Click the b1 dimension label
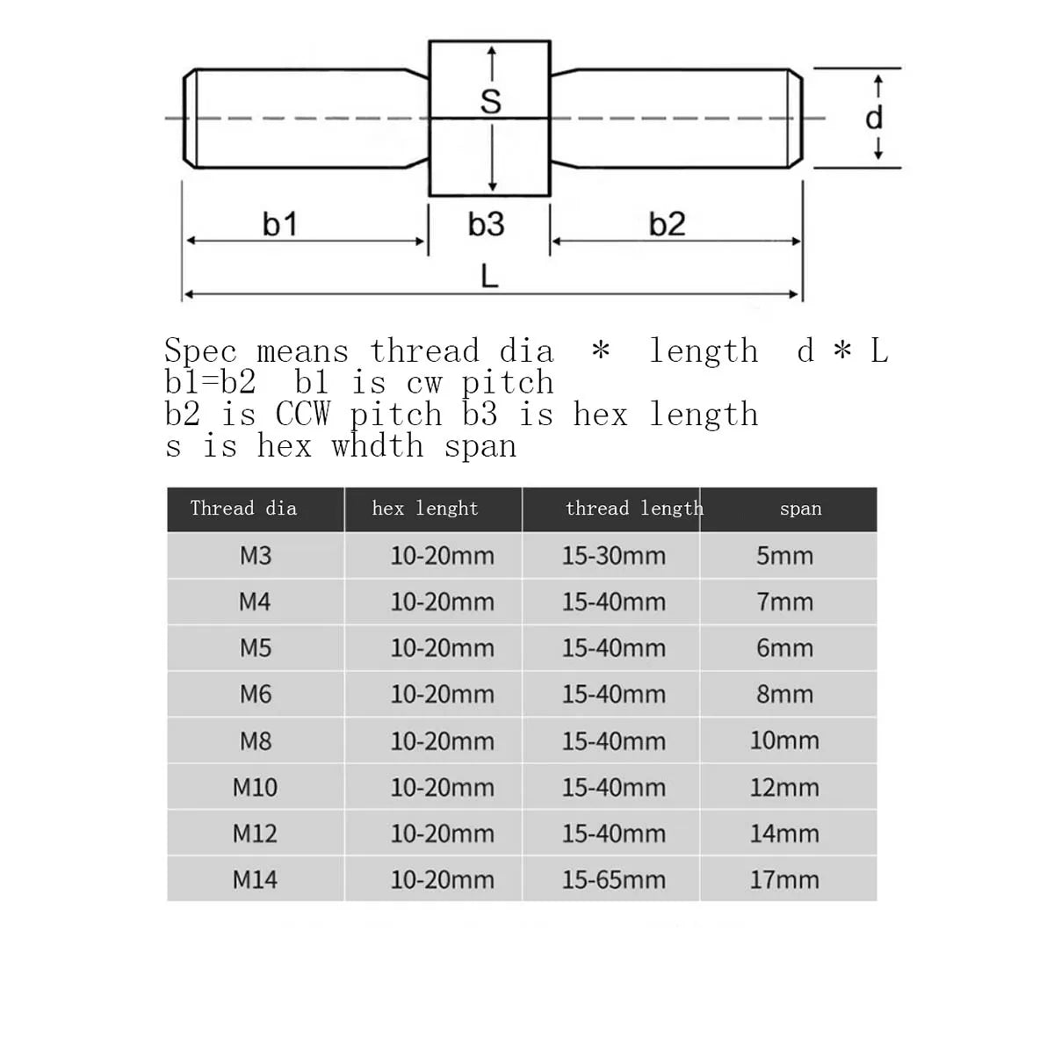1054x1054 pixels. point(279,224)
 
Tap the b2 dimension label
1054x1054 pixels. point(667,224)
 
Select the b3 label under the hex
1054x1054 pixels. point(487,224)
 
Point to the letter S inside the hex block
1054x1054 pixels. point(491,101)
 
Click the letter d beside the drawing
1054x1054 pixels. point(874,118)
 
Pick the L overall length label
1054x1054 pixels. point(489,276)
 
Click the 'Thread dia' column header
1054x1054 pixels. point(243,509)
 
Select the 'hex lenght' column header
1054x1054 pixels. point(425,509)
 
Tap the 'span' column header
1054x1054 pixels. point(800,509)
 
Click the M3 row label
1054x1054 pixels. point(256,556)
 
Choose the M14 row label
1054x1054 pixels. point(255,879)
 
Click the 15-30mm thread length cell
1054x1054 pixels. point(614,556)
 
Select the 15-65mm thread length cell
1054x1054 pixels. point(614,879)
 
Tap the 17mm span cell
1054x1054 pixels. point(784,879)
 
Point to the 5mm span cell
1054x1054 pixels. point(784,556)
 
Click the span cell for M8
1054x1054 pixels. point(784,740)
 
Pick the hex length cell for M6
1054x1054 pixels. point(442,694)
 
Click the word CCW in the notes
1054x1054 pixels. point(302,414)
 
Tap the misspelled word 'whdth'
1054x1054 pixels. point(377,446)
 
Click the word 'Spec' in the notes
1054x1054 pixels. point(200,350)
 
